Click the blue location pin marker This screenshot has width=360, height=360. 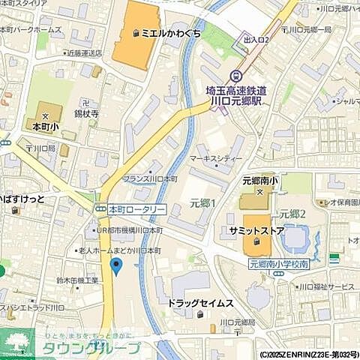tap(115, 265)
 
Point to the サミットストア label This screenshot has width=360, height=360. tap(257, 231)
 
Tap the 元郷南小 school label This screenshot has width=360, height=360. tap(261, 181)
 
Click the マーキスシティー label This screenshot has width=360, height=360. tap(215, 159)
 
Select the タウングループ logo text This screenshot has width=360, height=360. tap(90, 348)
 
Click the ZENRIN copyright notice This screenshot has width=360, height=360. tap(309, 355)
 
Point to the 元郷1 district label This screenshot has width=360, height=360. tap(202, 203)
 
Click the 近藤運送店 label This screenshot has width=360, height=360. tap(82, 54)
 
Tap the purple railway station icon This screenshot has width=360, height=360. tap(236, 76)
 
